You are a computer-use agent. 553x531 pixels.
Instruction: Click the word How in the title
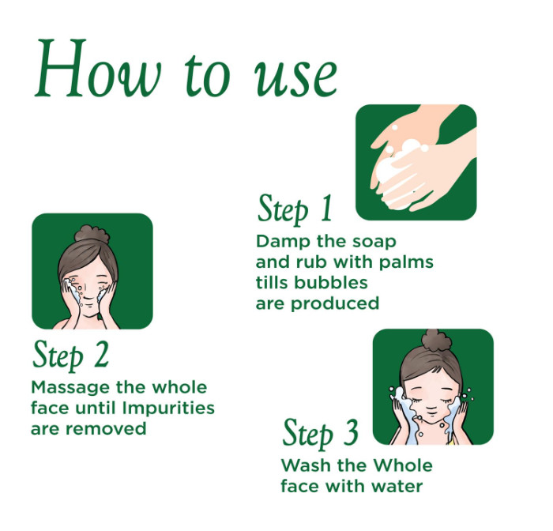click(98, 68)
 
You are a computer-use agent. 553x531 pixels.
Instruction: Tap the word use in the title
click(295, 77)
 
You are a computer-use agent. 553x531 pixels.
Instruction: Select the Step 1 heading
click(295, 209)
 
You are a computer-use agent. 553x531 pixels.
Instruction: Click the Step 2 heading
click(70, 355)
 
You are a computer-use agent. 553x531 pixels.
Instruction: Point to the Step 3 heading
click(320, 433)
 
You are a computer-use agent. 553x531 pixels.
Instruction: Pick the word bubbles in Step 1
click(331, 283)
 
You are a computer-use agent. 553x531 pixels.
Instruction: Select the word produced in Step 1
click(335, 303)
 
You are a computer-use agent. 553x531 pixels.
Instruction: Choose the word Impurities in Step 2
click(168, 409)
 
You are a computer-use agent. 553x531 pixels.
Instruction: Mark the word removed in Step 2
click(106, 429)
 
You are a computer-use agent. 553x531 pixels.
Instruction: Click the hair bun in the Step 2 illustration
click(92, 233)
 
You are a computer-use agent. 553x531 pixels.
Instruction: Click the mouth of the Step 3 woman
click(431, 411)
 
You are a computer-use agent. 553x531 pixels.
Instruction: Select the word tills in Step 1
click(273, 283)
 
